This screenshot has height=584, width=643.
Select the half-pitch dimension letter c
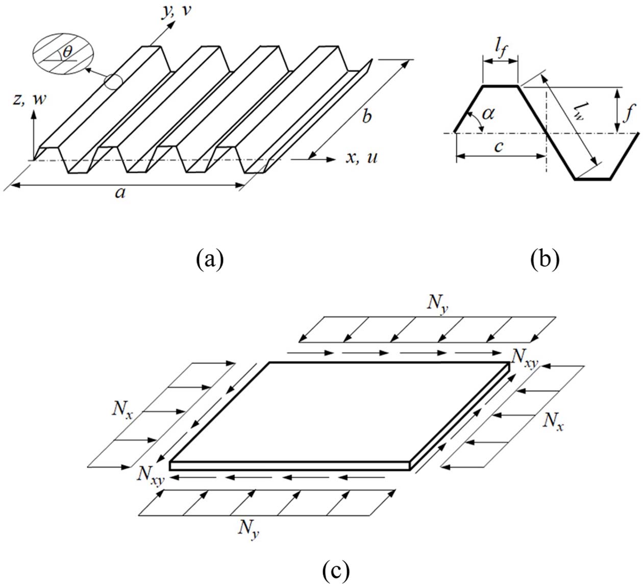point(499,147)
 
